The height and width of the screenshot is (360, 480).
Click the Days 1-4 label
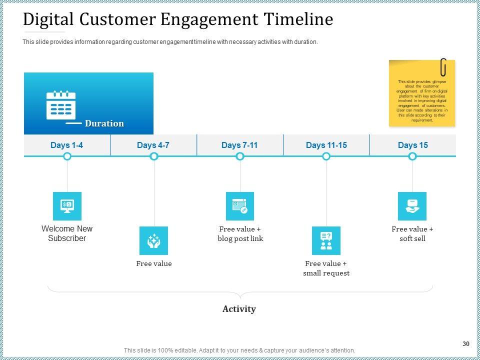pyautogui.click(x=67, y=145)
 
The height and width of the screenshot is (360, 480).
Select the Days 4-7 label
pyautogui.click(x=153, y=145)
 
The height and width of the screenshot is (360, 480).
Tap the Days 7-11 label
pyautogui.click(x=239, y=145)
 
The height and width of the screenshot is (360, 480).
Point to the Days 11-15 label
pyautogui.click(x=326, y=145)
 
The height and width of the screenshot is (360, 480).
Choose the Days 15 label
pyautogui.click(x=412, y=145)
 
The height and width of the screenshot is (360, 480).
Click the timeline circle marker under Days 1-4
pyautogui.click(x=67, y=156)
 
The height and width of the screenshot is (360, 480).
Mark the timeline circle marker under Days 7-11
pyautogui.click(x=240, y=156)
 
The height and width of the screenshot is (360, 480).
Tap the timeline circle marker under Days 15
pyautogui.click(x=412, y=156)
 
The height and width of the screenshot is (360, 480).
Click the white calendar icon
pyautogui.click(x=60, y=105)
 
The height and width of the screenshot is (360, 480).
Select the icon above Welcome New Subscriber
pyautogui.click(x=67, y=206)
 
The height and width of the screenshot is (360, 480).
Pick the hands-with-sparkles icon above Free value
pyautogui.click(x=153, y=240)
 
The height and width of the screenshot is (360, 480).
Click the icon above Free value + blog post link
pyautogui.click(x=240, y=206)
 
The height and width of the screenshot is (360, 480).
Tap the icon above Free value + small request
pyautogui.click(x=326, y=240)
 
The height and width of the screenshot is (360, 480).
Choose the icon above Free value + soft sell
pyautogui.click(x=412, y=206)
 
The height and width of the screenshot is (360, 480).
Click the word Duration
pyautogui.click(x=104, y=123)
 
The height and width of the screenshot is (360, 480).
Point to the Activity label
pyautogui.click(x=239, y=309)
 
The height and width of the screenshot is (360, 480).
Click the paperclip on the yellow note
pyautogui.click(x=443, y=67)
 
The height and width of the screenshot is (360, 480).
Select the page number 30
pyautogui.click(x=466, y=344)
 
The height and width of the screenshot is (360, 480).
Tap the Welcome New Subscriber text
pyautogui.click(x=67, y=233)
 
